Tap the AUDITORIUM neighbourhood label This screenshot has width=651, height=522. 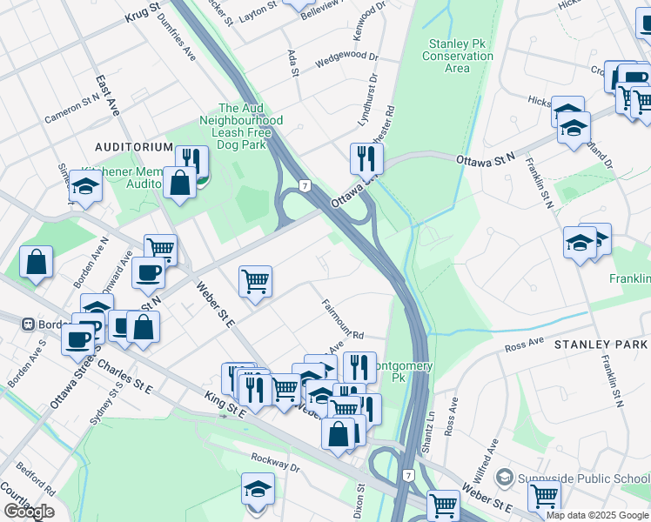[135, 147]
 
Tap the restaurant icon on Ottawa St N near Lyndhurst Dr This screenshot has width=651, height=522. [366, 158]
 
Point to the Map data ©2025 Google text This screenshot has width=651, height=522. [597, 515]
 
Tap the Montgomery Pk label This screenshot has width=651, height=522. [397, 371]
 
